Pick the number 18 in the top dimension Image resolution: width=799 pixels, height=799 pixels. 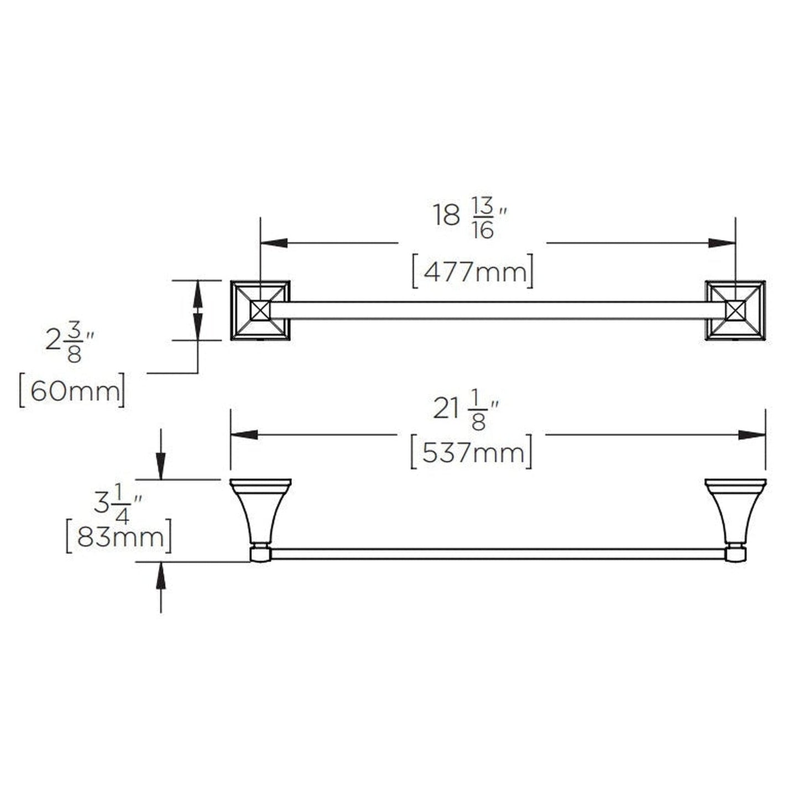click(x=447, y=216)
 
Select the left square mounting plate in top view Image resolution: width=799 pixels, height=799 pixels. click(x=260, y=311)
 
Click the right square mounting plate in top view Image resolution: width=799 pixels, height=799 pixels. click(x=735, y=311)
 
